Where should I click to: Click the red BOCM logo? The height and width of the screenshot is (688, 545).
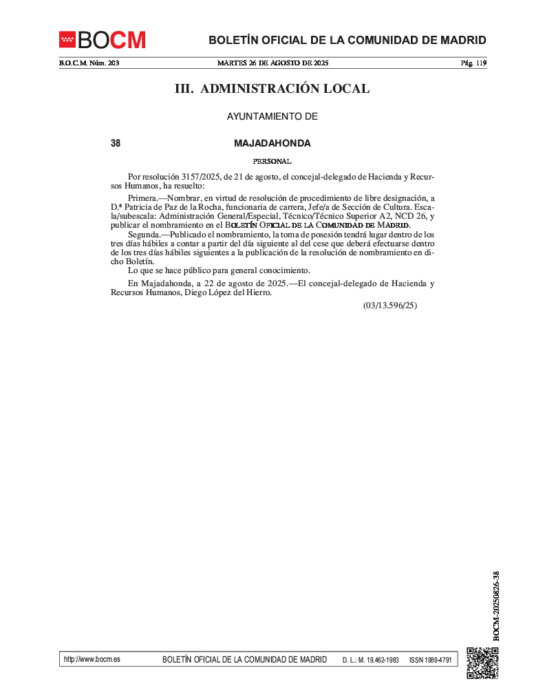(102, 40)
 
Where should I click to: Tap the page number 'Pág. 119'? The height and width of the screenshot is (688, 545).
(473, 63)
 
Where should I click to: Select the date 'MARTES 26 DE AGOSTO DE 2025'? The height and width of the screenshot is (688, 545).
(272, 63)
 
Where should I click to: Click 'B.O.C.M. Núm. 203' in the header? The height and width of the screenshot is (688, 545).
(89, 63)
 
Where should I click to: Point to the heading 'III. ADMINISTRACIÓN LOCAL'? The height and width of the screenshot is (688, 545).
(272, 89)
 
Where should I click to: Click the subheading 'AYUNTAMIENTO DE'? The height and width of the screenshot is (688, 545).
(272, 117)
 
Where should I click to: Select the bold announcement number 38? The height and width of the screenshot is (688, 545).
(116, 144)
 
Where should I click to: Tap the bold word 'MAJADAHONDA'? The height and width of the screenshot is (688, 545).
(272, 144)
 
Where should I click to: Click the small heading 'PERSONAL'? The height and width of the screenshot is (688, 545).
(272, 162)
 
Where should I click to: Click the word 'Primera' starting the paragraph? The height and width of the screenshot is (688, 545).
(142, 198)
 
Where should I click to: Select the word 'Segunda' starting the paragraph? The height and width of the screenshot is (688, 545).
(144, 235)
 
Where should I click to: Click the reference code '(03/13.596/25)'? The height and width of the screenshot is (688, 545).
(390, 305)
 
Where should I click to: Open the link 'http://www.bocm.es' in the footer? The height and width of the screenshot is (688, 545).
(92, 659)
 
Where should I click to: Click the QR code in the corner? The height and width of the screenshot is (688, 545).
(482, 663)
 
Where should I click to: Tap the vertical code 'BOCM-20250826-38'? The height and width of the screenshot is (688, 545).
(496, 605)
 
